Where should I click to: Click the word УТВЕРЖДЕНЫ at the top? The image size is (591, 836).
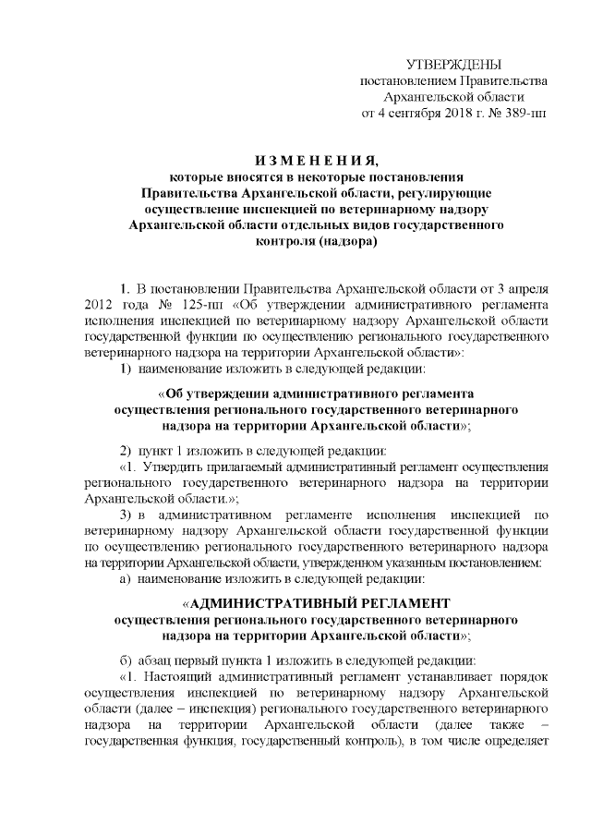pos(453,64)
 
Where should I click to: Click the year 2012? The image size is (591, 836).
pos(99,302)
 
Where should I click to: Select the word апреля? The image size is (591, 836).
pos(529,285)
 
